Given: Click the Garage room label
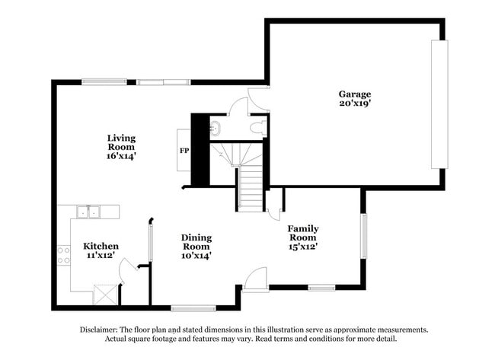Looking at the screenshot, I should [355, 94].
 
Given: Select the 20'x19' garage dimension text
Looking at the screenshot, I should [355, 104].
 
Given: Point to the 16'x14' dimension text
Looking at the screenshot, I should [121, 156].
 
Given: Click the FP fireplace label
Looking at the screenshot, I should [184, 151].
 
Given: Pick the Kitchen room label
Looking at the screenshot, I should [101, 246].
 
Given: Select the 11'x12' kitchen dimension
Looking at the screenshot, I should [101, 256].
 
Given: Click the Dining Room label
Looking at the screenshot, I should [196, 242].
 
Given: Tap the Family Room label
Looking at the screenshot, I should [302, 233].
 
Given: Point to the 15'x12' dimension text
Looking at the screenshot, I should [302, 246].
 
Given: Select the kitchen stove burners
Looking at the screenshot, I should [63, 255].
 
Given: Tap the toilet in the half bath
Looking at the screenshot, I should [260, 128].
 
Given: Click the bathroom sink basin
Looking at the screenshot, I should [215, 127].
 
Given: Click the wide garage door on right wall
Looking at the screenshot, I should [439, 104].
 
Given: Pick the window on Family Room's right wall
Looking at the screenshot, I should [364, 237].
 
